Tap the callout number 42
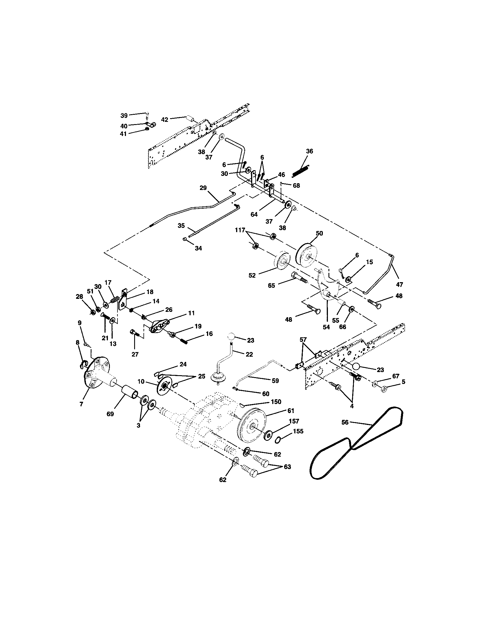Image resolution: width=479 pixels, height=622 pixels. (x=164, y=120)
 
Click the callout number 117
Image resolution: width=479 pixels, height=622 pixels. (x=240, y=230)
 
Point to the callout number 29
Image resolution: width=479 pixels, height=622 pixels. (x=203, y=188)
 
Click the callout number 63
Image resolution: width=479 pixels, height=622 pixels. (x=287, y=467)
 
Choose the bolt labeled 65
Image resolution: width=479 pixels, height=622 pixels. (x=299, y=277)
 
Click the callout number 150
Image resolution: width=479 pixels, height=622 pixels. (x=276, y=402)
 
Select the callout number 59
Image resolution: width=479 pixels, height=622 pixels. (x=275, y=381)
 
